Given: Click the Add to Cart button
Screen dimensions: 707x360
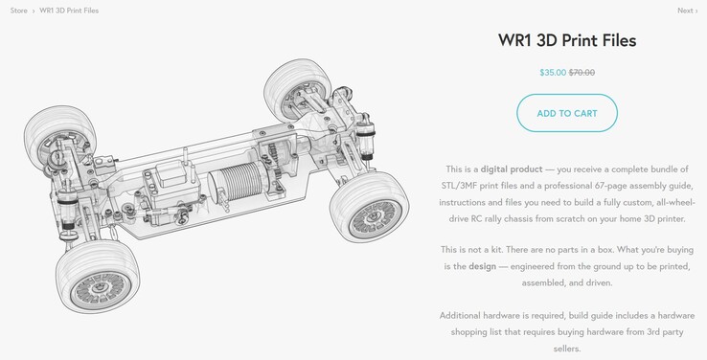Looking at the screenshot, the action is tap(567, 113).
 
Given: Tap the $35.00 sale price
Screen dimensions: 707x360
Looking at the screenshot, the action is tap(553, 73).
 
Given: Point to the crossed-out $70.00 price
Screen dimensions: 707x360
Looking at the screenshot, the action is tap(582, 73).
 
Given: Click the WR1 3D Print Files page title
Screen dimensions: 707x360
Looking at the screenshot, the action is tap(567, 40).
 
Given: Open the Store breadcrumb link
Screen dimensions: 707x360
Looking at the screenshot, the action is tap(18, 11).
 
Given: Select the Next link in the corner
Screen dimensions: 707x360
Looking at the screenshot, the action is tap(685, 11).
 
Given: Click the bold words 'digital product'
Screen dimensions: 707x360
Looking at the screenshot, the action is tap(512, 169).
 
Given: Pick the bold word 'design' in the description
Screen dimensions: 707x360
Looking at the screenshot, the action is tap(482, 266).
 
